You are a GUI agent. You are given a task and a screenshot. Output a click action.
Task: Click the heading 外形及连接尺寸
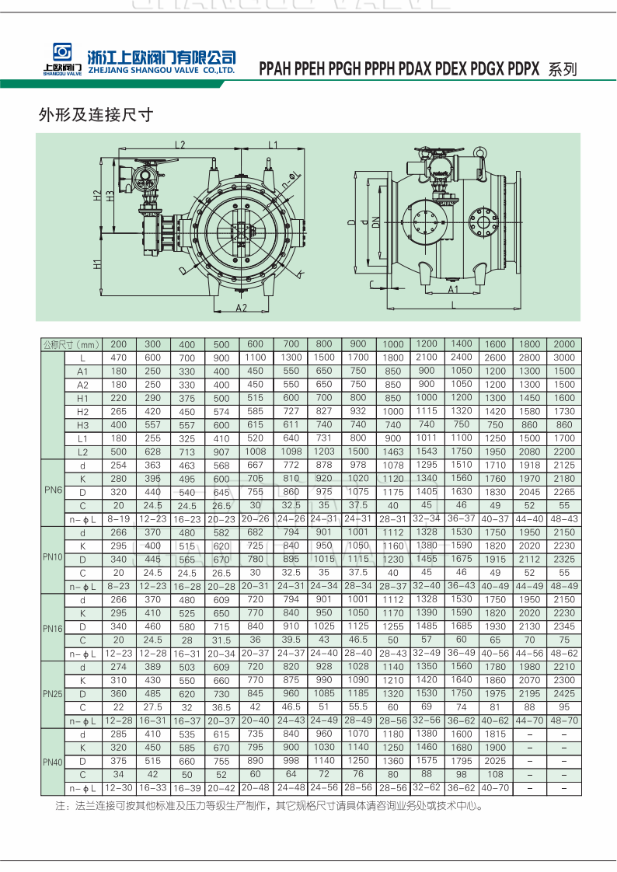[96, 115]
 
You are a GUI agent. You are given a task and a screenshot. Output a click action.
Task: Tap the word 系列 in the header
[563, 69]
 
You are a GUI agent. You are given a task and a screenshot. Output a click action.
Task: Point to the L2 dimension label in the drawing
[180, 145]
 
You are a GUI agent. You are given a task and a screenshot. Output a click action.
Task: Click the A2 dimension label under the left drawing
[241, 308]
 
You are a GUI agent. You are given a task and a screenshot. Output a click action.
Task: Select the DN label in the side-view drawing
[376, 222]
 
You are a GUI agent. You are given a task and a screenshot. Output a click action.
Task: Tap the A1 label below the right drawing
[453, 289]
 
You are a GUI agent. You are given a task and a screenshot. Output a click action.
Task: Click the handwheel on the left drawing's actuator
[158, 163]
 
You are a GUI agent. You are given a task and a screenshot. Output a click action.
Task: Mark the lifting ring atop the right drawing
[479, 152]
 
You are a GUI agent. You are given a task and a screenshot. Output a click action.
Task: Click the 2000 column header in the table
[563, 344]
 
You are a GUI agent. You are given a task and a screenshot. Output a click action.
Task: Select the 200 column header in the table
[118, 344]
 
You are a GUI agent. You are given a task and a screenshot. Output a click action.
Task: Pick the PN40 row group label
[53, 762]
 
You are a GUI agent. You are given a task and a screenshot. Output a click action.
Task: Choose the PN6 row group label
[53, 490]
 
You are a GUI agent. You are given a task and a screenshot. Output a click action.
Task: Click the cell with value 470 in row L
[118, 358]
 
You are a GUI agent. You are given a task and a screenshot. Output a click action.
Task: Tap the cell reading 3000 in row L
[563, 358]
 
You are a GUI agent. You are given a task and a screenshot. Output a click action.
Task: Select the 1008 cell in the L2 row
[255, 452]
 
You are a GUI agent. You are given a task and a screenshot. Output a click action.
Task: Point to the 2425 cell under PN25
[563, 693]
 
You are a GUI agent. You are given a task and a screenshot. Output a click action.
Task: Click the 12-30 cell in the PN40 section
[118, 788]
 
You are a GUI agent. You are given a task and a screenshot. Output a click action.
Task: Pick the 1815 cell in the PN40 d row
[495, 734]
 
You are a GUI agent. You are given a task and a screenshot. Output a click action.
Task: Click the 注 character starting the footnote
[60, 806]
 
